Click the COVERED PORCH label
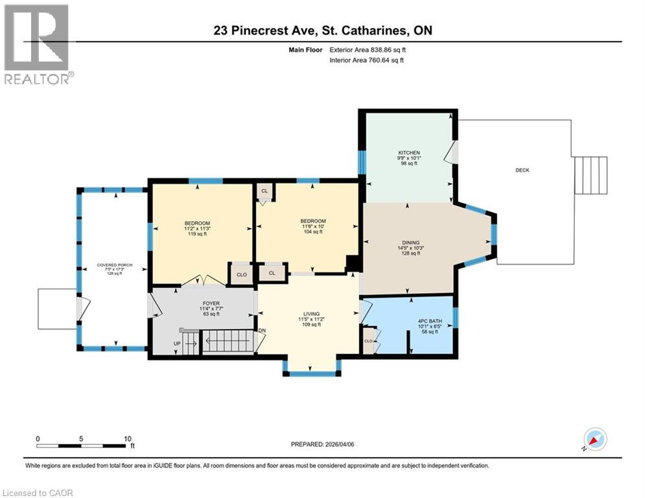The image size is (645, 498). (x=110, y=265)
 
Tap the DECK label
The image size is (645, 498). (x=522, y=171)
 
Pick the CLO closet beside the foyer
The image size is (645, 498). (x=241, y=274)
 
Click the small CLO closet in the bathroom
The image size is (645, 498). (x=368, y=340)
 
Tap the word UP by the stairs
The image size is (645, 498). (x=176, y=343)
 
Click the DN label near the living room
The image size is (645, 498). (x=262, y=331)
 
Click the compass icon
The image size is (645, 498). (x=594, y=439)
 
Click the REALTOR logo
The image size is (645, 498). (x=38, y=44)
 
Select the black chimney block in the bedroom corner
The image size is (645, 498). (x=354, y=263)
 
